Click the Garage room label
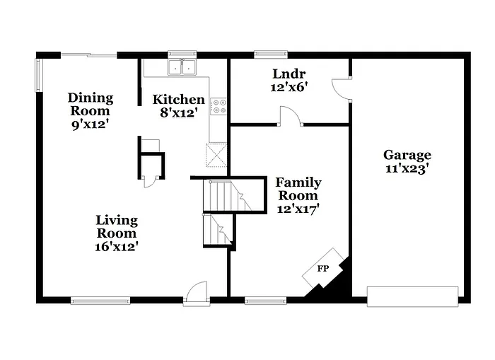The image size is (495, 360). pyautogui.click(x=407, y=155)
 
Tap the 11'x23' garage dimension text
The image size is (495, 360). pyautogui.click(x=407, y=169)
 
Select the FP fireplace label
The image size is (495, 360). pyautogui.click(x=322, y=269)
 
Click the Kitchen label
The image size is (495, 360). pyautogui.click(x=180, y=100)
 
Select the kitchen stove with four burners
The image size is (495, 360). pyautogui.click(x=219, y=106)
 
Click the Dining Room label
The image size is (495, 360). pyautogui.click(x=90, y=104)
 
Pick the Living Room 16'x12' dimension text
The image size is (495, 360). pyautogui.click(x=117, y=247)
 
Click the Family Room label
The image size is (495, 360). pyautogui.click(x=298, y=189)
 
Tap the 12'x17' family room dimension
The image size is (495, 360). pyautogui.click(x=298, y=209)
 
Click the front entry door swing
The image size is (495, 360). pyautogui.click(x=196, y=293)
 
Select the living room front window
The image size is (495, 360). pyautogui.click(x=100, y=301)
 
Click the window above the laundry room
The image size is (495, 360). pyautogui.click(x=271, y=53)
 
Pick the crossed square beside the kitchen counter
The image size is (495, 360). pyautogui.click(x=216, y=154)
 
